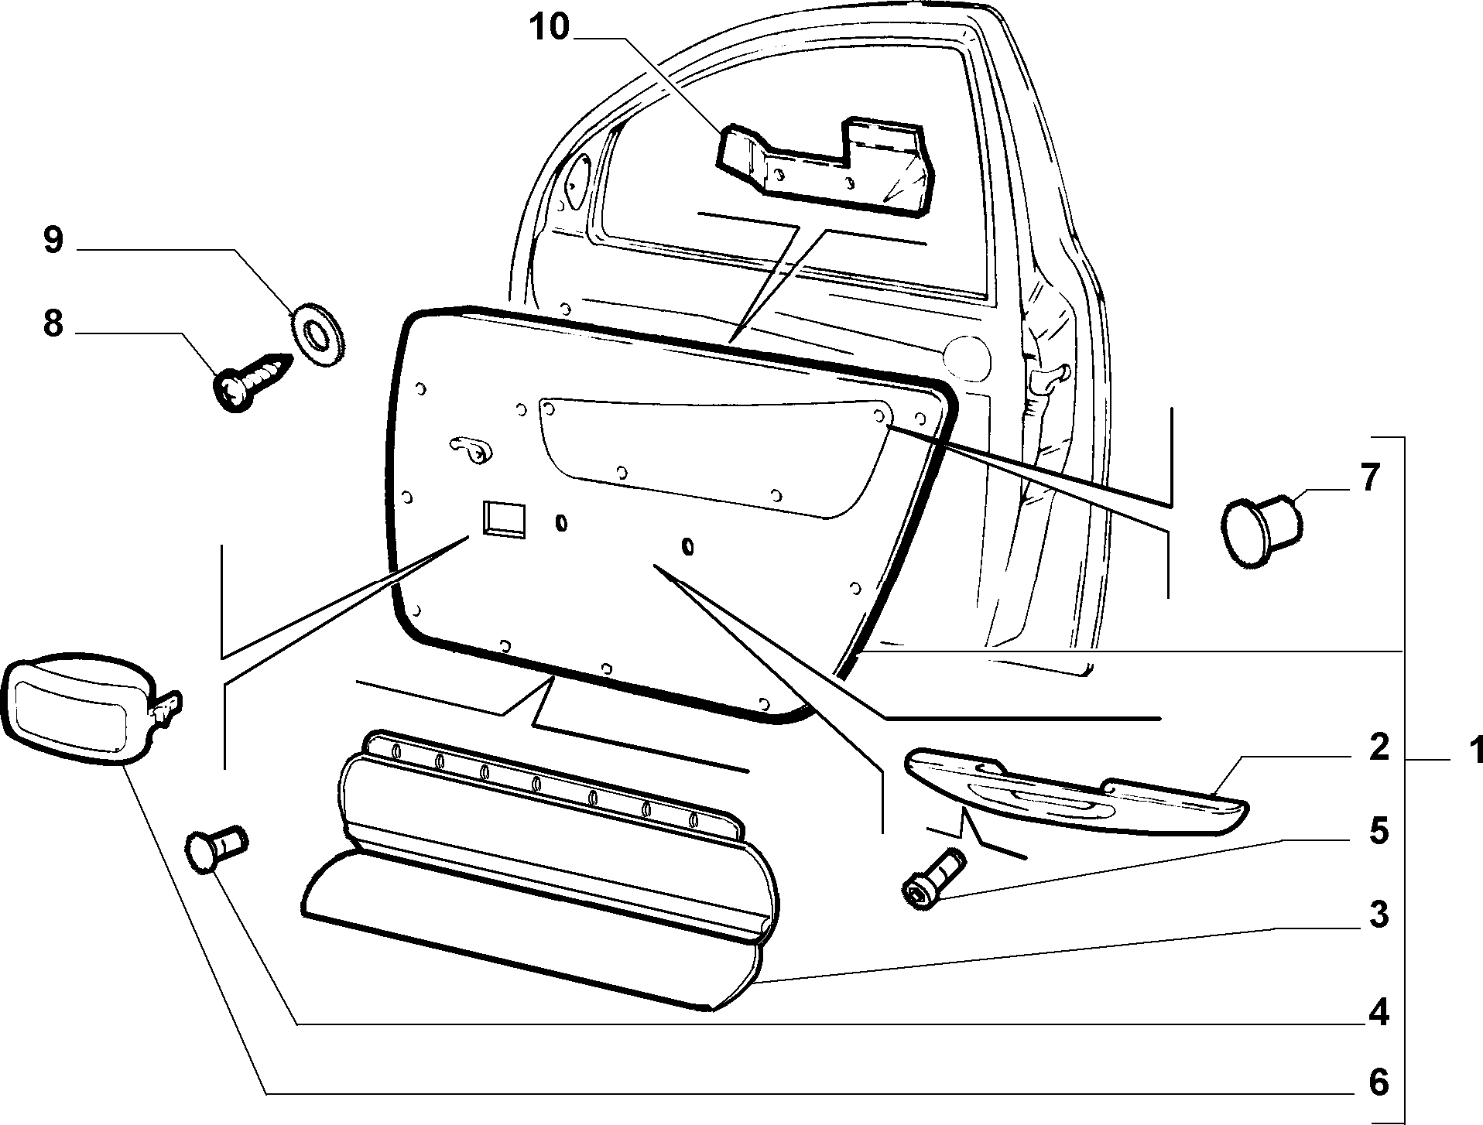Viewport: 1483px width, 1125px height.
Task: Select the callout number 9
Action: pyautogui.click(x=53, y=241)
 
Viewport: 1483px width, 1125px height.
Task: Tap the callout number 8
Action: pyautogui.click(x=53, y=324)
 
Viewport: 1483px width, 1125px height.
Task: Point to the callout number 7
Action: pyautogui.click(x=1369, y=478)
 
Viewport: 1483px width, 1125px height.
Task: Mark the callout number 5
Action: pyautogui.click(x=1379, y=832)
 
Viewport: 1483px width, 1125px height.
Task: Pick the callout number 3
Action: pyautogui.click(x=1379, y=915)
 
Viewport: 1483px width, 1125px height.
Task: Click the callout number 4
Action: pyautogui.click(x=1379, y=1012)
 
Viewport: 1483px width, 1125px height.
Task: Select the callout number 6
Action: pyautogui.click(x=1379, y=1082)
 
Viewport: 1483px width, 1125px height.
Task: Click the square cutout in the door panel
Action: pyautogui.click(x=504, y=518)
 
